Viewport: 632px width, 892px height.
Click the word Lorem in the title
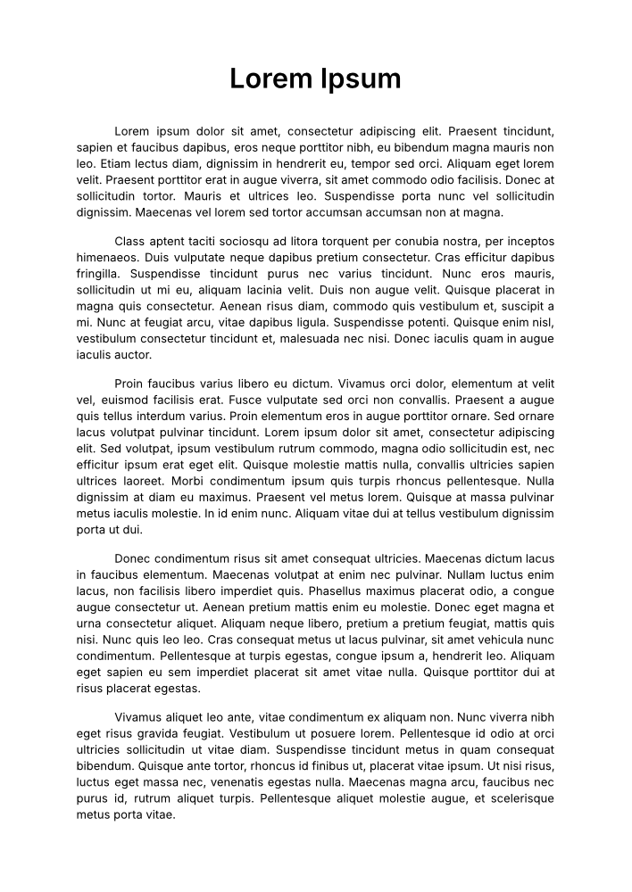[269, 79]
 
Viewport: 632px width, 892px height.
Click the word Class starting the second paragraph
[129, 242]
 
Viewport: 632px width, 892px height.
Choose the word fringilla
[99, 274]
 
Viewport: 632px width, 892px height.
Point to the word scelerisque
[517, 798]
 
